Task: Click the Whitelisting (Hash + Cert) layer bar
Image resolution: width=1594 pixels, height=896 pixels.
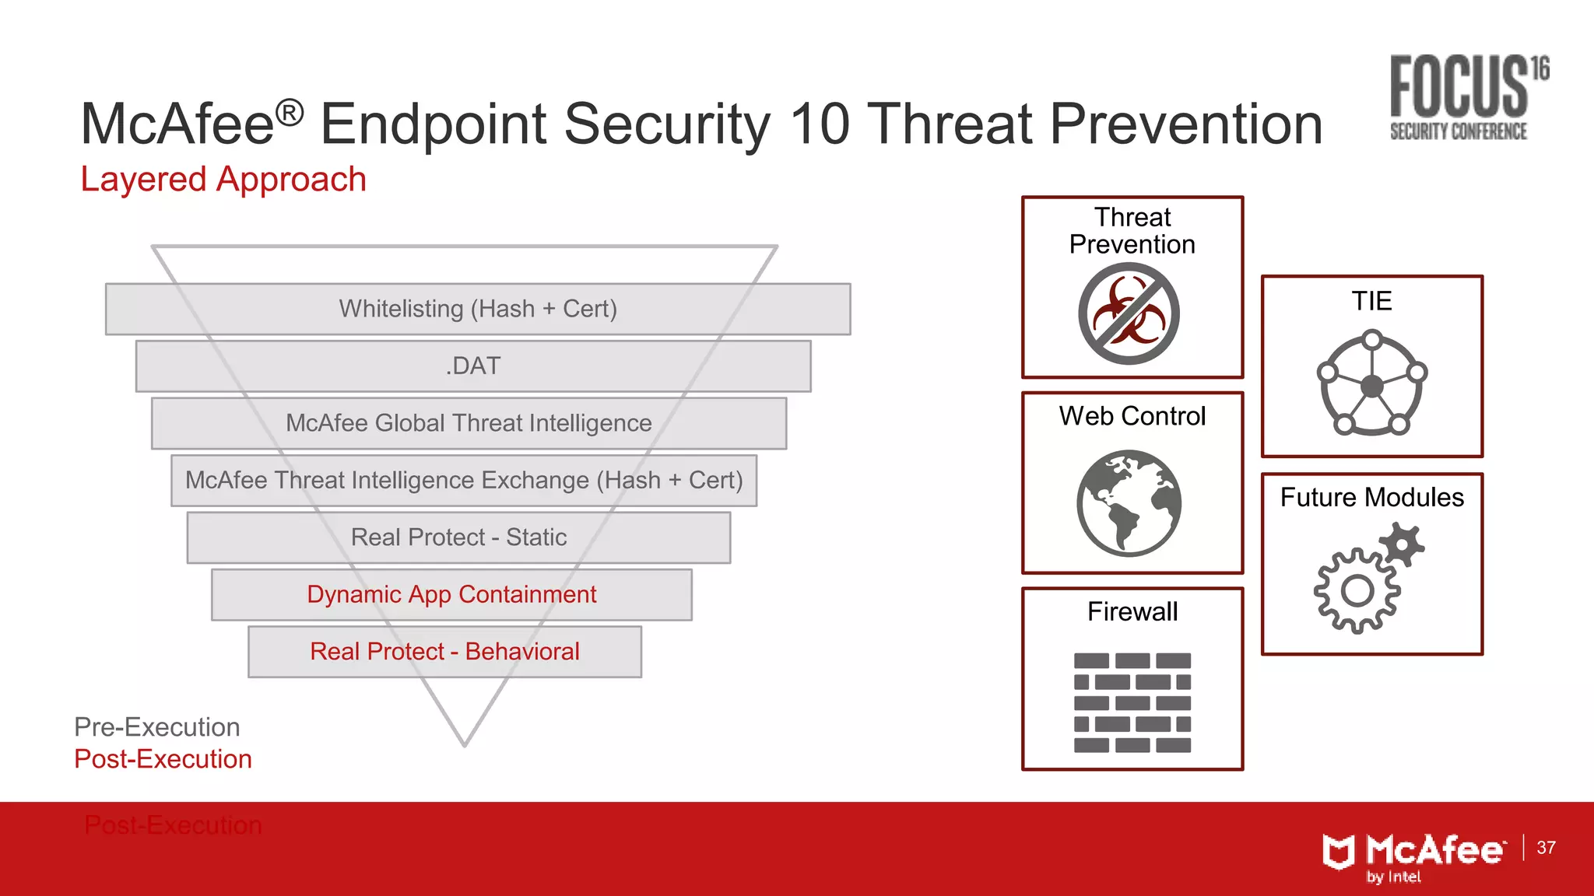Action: point(478,309)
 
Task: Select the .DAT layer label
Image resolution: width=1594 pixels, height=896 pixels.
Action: point(473,366)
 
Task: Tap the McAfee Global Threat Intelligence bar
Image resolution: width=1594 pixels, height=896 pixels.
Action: point(469,423)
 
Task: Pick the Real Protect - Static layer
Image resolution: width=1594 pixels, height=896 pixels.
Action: point(458,537)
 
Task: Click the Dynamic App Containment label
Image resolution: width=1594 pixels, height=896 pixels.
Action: point(451,594)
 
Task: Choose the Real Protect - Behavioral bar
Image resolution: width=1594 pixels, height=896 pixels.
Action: point(444,652)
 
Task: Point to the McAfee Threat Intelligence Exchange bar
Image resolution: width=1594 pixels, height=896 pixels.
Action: point(464,480)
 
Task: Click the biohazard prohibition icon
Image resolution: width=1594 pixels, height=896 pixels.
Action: point(1129,313)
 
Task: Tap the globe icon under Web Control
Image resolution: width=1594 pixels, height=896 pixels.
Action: point(1129,502)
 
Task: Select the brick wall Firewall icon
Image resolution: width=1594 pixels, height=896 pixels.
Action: point(1132,702)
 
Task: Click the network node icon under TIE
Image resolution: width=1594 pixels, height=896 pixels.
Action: point(1371,383)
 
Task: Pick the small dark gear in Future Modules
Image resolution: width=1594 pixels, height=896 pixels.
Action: point(1402,544)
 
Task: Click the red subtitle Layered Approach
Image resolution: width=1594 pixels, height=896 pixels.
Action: point(223,180)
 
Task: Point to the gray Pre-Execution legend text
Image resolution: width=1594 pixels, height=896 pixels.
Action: point(157,727)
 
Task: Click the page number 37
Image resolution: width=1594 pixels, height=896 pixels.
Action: point(1546,848)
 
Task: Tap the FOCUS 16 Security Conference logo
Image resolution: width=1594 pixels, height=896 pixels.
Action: point(1466,98)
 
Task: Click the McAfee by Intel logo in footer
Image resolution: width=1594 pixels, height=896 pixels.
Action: point(1413,856)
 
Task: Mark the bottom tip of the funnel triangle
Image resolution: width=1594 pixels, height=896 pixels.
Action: point(465,744)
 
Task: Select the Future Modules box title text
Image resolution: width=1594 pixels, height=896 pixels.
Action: point(1371,498)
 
